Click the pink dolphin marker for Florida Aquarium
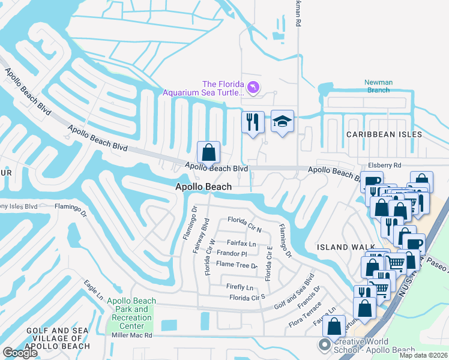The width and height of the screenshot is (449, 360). [x=253, y=88]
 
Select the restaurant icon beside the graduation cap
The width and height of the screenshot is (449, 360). [x=253, y=121]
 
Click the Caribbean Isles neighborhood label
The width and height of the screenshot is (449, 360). [x=384, y=134]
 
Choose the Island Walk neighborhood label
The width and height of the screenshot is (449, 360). [x=342, y=247]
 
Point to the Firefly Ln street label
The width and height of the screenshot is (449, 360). [x=240, y=287]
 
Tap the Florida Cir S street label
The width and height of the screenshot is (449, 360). [x=247, y=297]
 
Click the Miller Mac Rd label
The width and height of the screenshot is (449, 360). [x=132, y=335]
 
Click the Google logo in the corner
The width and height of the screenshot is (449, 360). [x=20, y=353]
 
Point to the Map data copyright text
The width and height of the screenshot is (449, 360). [x=423, y=355]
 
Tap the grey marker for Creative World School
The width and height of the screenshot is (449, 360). [x=325, y=344]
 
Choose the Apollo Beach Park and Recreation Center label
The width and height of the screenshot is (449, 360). [x=131, y=313]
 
